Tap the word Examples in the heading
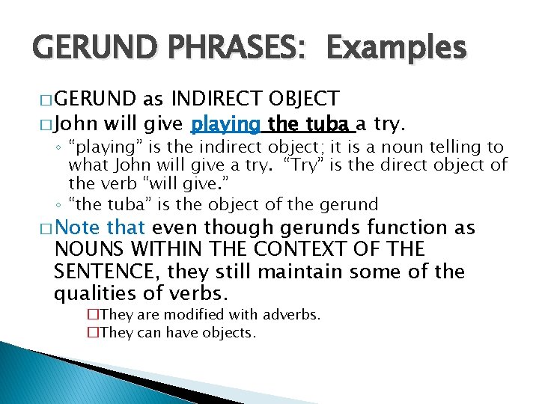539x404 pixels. click(x=396, y=48)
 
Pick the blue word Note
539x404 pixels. click(x=78, y=227)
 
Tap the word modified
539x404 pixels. click(x=197, y=316)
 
